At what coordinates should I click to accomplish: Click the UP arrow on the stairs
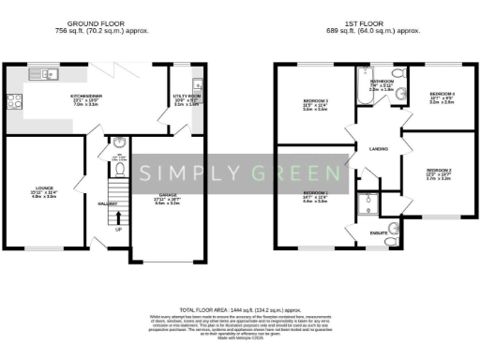[117, 228]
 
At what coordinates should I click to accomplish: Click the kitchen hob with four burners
[16, 99]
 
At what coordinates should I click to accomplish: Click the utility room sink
[198, 82]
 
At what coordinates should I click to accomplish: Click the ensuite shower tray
[370, 203]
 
